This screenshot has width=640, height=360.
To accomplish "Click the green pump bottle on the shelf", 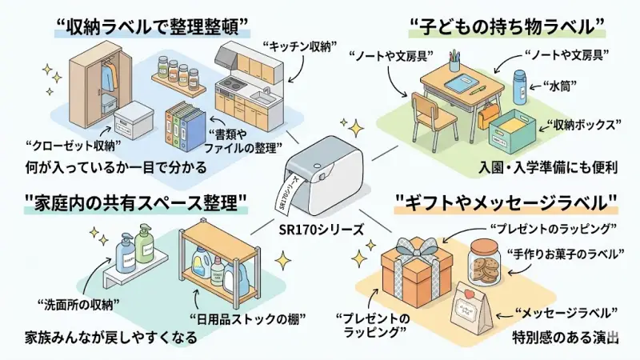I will click(144, 243).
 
